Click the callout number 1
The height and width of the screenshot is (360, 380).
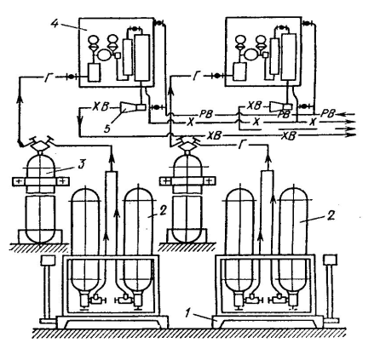(187, 313)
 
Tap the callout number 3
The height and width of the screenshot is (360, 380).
(82, 164)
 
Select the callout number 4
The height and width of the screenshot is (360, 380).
(55, 23)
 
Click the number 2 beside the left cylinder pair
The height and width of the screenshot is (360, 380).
(162, 211)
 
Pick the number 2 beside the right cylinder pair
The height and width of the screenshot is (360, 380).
(331, 215)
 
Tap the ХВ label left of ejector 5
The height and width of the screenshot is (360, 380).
(100, 107)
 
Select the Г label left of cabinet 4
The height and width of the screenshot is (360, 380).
(49, 77)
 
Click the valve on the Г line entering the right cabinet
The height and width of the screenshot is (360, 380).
(217, 76)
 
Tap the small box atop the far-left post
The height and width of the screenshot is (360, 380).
(48, 260)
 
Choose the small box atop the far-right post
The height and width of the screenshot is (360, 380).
(331, 260)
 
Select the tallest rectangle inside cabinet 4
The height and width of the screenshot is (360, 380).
(142, 58)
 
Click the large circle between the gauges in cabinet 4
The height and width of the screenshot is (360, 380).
(105, 54)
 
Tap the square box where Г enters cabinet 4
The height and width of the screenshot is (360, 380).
(94, 72)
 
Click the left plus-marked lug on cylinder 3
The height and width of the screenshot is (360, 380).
(18, 181)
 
